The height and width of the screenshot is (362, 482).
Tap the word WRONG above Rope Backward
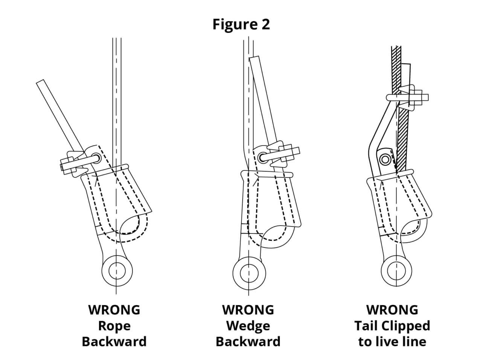point(114,310)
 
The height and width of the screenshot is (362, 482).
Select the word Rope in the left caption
point(114,325)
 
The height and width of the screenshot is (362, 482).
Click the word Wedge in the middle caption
point(249,325)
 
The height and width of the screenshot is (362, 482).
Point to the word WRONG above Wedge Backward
point(248,310)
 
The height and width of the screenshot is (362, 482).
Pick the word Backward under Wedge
point(248,342)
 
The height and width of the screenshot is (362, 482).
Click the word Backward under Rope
point(114,342)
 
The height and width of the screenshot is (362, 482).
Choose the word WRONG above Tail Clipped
point(392,310)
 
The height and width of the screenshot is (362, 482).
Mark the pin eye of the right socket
point(397,271)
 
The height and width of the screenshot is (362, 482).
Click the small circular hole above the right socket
point(385,160)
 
